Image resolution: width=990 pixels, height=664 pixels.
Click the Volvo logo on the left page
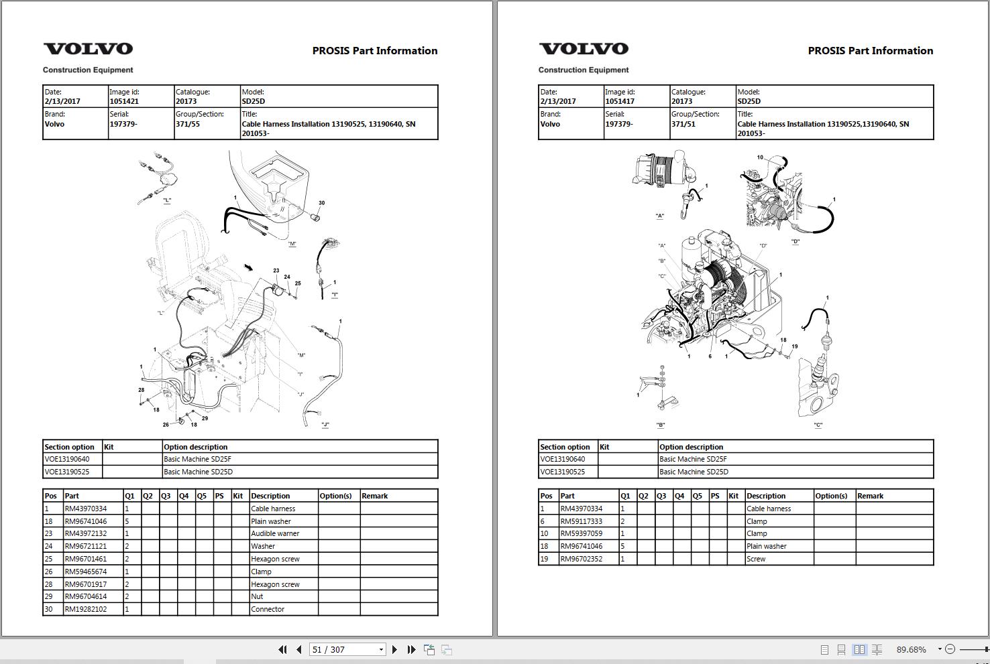pos(88,49)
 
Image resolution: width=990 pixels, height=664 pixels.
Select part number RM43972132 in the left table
pos(85,533)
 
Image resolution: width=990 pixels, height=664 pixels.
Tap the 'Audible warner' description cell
pos(275,533)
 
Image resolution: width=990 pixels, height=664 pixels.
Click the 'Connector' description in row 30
pos(268,609)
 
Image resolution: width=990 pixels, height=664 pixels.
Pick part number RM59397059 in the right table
pos(581,533)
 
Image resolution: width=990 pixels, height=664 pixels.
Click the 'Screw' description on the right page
pos(756,559)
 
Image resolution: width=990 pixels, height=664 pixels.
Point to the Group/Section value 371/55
pos(188,124)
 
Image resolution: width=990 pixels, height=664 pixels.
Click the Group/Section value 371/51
pos(683,124)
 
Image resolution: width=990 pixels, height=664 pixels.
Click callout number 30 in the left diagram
pos(321,203)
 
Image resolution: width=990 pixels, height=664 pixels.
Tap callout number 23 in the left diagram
pos(276,271)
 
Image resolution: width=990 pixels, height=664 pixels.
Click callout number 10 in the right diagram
pos(760,157)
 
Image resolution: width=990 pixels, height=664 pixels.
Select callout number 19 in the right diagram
pos(794,346)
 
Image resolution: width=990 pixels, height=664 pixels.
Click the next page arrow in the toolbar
pos(394,649)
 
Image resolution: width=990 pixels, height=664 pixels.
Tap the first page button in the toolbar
pos(282,649)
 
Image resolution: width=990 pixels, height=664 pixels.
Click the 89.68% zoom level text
pos(911,649)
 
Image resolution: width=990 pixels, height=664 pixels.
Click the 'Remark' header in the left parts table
pos(375,496)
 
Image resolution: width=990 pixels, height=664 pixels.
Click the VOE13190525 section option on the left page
pos(67,472)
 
